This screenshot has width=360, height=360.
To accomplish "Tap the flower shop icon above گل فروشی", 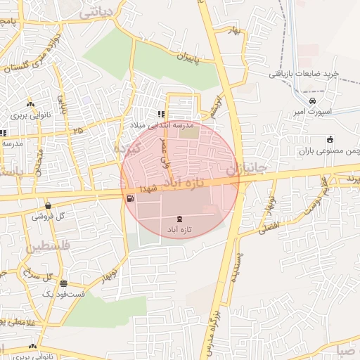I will (x=47, y=205).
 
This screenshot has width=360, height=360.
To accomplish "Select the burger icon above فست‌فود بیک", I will (x=64, y=283).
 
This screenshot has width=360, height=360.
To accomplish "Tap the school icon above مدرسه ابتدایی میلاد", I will (x=161, y=113).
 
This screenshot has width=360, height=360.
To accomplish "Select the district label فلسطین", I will (x=48, y=247).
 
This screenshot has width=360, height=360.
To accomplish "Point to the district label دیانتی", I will (x=96, y=12).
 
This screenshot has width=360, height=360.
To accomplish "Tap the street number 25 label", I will (x=77, y=131).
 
